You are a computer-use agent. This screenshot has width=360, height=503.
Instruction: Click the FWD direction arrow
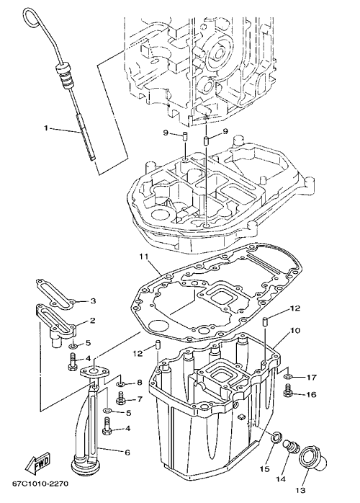tap(38, 463)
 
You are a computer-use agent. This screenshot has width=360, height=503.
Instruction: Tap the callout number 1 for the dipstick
tap(46, 128)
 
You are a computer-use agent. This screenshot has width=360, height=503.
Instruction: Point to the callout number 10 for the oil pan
tap(295, 330)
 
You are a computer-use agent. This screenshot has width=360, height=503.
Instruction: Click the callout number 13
tap(300, 491)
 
